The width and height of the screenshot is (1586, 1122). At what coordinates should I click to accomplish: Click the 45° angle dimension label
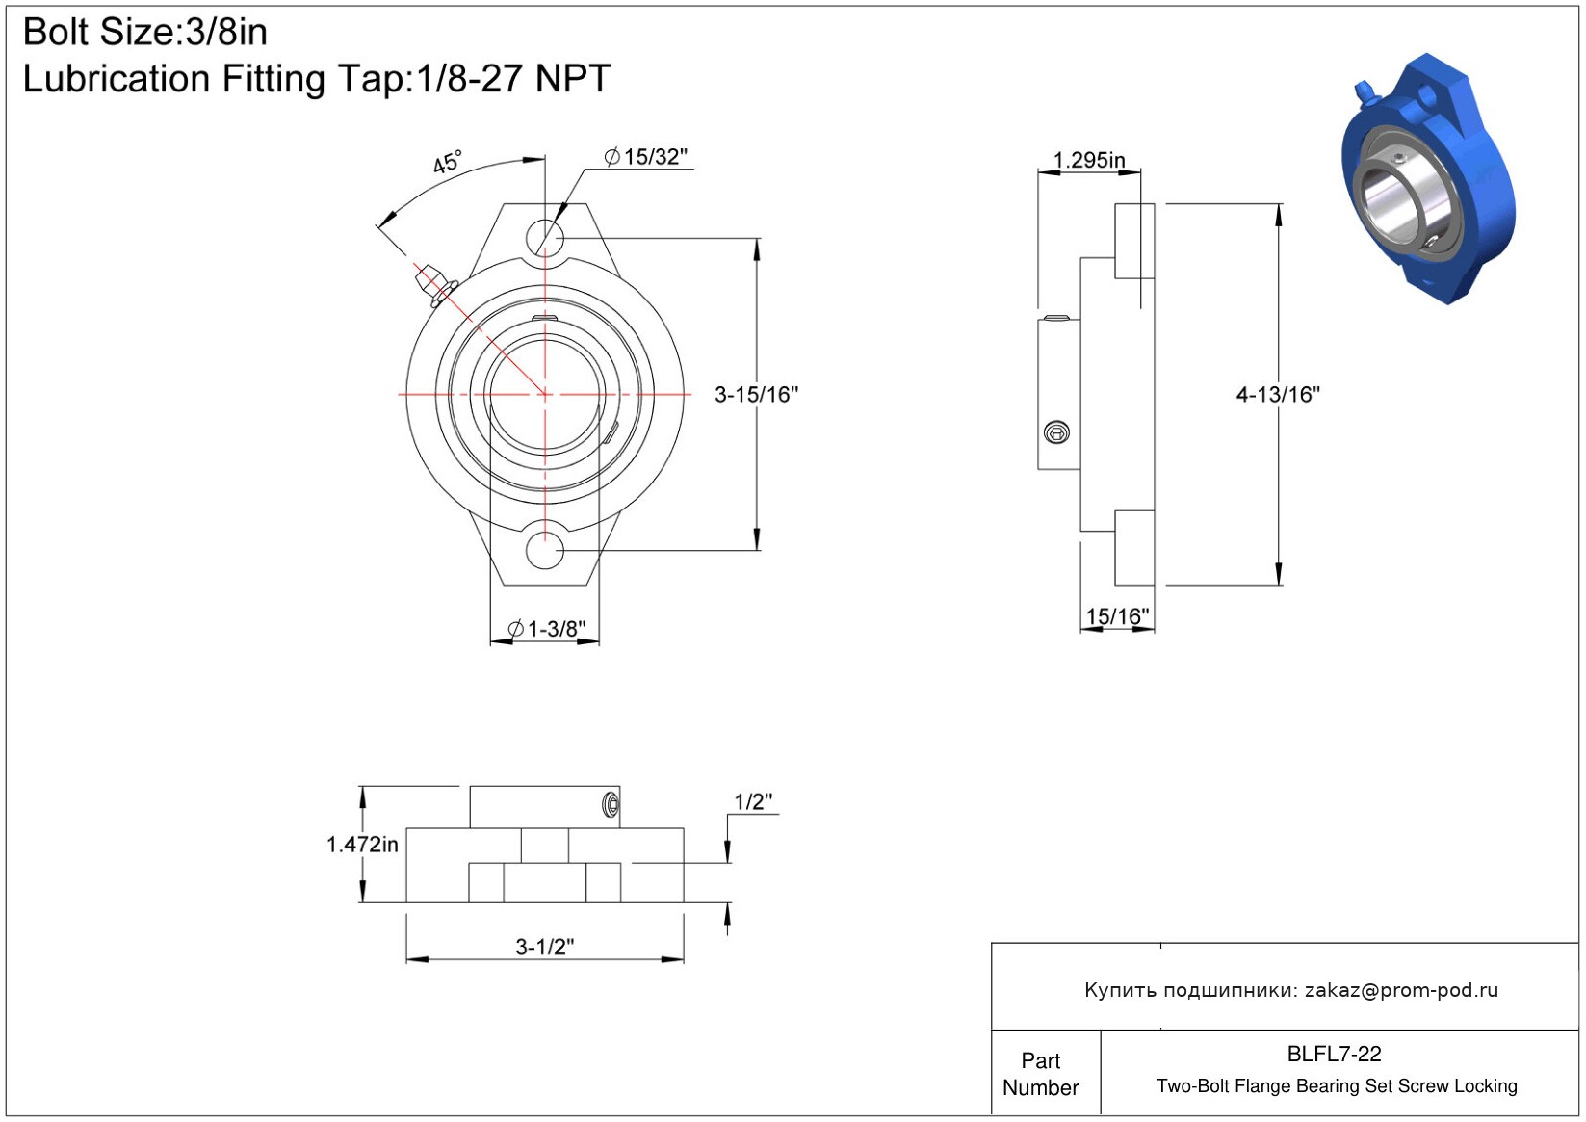coord(447,162)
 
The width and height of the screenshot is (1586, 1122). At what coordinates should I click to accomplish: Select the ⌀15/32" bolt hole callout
coord(646,157)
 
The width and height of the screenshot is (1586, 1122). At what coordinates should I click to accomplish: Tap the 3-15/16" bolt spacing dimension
coord(756,395)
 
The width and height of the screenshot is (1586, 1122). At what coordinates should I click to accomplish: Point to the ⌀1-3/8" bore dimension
coord(547,628)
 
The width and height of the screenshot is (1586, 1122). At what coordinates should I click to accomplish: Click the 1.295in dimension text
coord(1089,160)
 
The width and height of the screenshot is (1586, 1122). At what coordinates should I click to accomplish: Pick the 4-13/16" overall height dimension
coord(1278,395)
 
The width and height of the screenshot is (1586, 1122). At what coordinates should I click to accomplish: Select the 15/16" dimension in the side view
coord(1117,616)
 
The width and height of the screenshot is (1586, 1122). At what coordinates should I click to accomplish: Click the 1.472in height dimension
coord(362,845)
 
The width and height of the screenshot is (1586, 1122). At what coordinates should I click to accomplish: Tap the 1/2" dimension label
coord(753,802)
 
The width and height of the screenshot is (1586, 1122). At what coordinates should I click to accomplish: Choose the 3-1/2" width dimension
coord(544,947)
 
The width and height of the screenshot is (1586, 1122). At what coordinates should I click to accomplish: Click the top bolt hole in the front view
coord(544,238)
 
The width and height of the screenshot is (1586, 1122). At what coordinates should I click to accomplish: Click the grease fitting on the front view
coord(434,285)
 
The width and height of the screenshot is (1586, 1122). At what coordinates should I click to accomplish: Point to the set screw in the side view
coord(1057,432)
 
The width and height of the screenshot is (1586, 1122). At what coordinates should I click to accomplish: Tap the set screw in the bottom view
coord(611,804)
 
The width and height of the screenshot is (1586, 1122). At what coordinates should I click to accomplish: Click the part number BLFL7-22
coord(1334,1054)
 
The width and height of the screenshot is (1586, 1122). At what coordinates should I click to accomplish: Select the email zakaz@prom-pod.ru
coord(1401,990)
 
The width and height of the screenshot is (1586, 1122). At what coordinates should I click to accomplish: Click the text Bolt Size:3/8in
coord(145,32)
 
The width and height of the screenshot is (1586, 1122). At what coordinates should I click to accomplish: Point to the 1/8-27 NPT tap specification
coord(513,78)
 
